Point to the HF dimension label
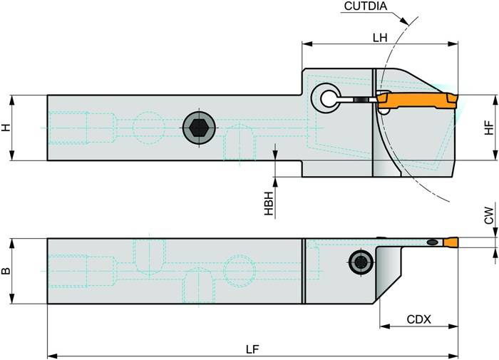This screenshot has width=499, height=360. click(x=488, y=128)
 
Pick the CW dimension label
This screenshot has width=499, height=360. click(x=488, y=217)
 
